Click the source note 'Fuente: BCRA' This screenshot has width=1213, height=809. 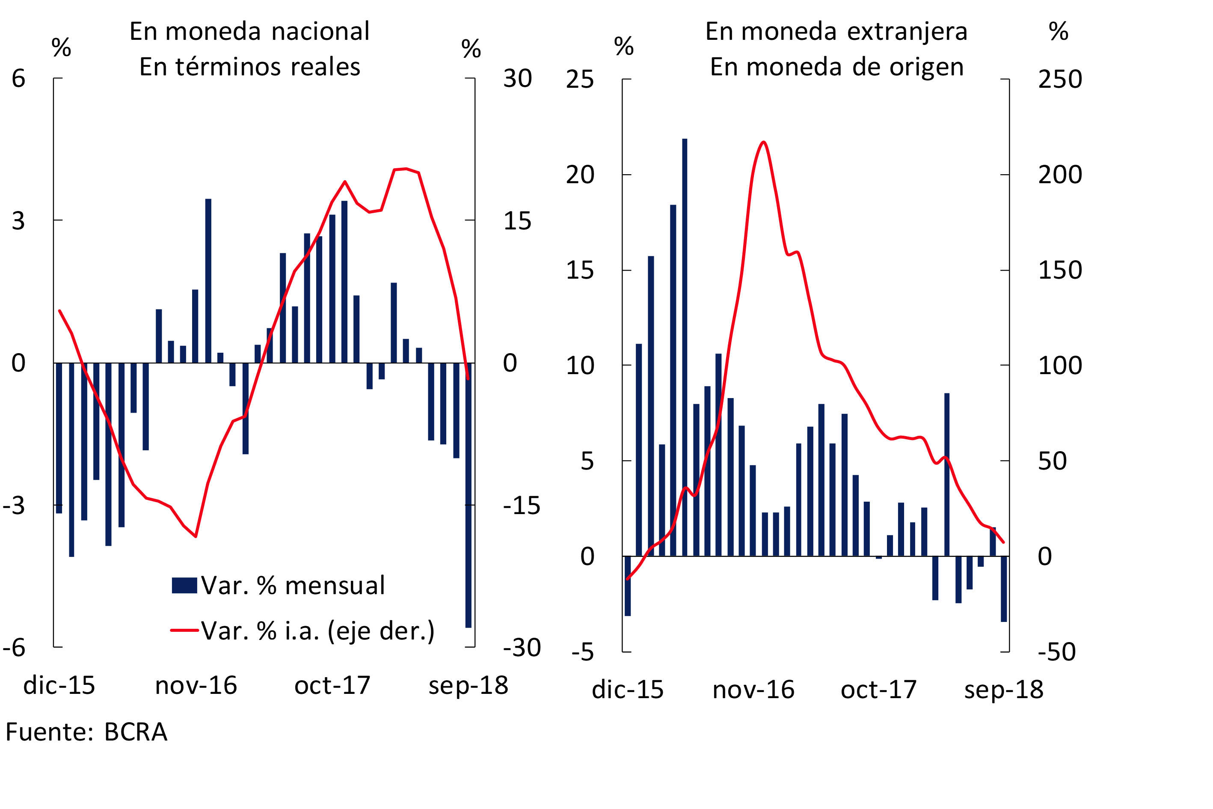pyautogui.click(x=86, y=732)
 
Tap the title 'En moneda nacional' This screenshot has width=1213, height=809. pyautogui.click(x=249, y=32)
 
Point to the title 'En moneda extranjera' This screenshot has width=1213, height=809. pyautogui.click(x=836, y=32)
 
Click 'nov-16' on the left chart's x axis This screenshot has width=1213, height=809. pyautogui.click(x=196, y=686)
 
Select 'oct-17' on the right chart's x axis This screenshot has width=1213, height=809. pyautogui.click(x=879, y=690)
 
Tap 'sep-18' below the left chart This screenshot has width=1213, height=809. pyautogui.click(x=468, y=686)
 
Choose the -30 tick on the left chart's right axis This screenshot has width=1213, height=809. pyautogui.click(x=522, y=648)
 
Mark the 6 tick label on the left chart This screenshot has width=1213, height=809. pyautogui.click(x=18, y=78)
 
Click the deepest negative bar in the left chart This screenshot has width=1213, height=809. pyautogui.click(x=468, y=495)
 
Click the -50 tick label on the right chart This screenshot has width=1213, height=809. pyautogui.click(x=1056, y=652)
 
